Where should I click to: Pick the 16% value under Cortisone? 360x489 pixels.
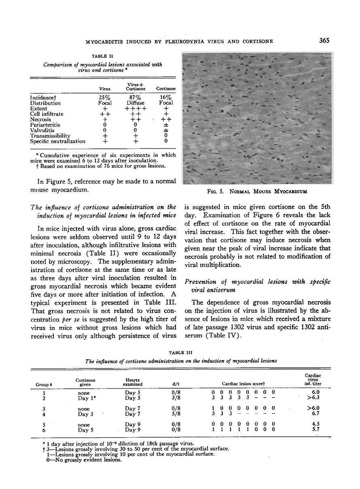point(165,97)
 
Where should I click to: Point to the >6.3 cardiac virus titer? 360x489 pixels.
point(311,398)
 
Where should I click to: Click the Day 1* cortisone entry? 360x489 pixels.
point(87,398)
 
